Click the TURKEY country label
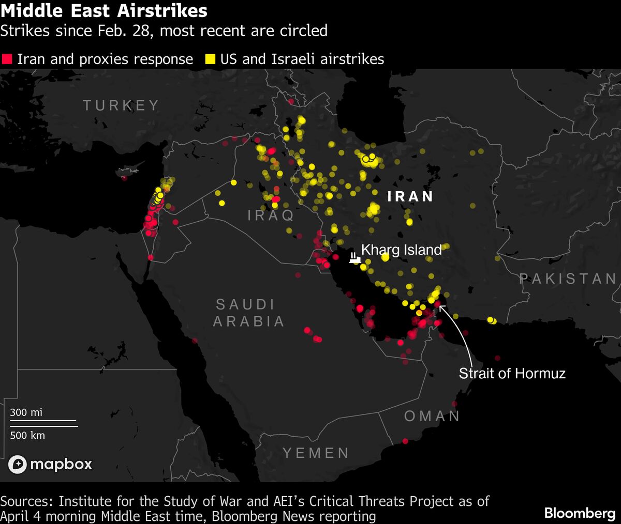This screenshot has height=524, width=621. (121, 105)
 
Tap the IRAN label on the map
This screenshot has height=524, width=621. (410, 196)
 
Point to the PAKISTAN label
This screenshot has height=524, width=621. (568, 279)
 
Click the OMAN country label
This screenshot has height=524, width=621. (432, 416)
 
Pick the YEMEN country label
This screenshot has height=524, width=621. (316, 453)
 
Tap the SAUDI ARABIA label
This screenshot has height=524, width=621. (248, 313)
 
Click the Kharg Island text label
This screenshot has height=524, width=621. (401, 250)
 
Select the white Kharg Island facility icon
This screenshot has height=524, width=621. (354, 257)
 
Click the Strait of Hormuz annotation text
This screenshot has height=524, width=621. (512, 373)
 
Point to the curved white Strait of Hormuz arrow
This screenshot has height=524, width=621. (461, 331)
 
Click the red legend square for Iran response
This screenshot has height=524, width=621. (7, 59)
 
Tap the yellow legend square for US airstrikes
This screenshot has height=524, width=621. (210, 59)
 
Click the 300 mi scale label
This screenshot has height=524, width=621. (26, 412)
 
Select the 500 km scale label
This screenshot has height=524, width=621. (27, 435)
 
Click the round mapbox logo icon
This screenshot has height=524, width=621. (17, 465)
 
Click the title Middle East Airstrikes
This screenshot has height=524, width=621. (104, 11)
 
